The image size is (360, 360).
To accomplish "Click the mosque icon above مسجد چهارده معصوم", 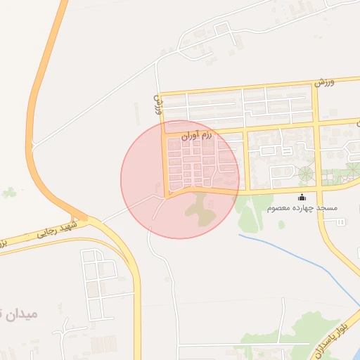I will (302, 198).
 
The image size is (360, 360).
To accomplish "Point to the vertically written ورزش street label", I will (157, 105).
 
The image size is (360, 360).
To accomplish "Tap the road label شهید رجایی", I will (57, 231).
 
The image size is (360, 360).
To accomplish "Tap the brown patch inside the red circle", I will (202, 210).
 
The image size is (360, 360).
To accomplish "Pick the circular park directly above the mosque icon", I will (306, 174).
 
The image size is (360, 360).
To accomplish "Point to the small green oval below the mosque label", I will (281, 224).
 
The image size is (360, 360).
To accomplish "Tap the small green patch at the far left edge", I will (8, 192).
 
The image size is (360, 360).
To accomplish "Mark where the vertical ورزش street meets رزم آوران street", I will (164, 134).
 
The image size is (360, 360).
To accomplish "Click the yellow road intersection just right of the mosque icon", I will (319, 188).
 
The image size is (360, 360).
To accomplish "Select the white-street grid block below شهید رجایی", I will (98, 281).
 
